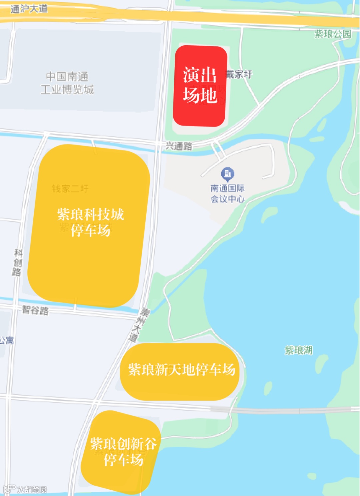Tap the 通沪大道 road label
29,9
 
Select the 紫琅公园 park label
333,34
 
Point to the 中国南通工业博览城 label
67,83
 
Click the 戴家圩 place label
239,74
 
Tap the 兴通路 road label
179,146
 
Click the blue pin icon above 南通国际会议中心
228,174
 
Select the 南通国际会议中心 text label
228,194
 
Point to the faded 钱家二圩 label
70,189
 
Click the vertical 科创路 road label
17,262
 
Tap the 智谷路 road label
35,310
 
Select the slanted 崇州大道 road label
139,325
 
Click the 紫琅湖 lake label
299,350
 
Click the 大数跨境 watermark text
32,489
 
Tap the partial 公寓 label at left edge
7,340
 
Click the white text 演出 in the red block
200,75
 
